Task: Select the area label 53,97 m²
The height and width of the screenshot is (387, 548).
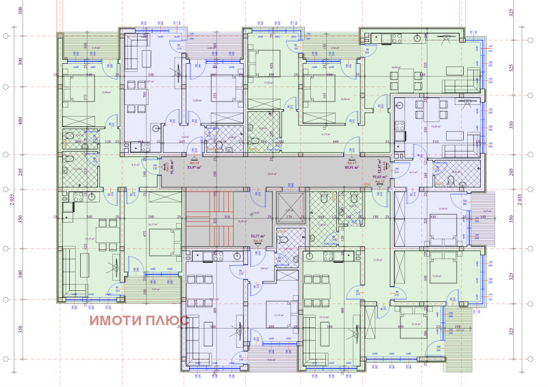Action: tap(197, 166)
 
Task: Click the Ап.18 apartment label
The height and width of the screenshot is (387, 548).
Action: tap(257, 242)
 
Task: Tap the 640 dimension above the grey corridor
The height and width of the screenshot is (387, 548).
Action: tap(336, 143)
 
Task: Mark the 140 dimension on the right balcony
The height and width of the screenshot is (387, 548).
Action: tap(483, 217)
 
